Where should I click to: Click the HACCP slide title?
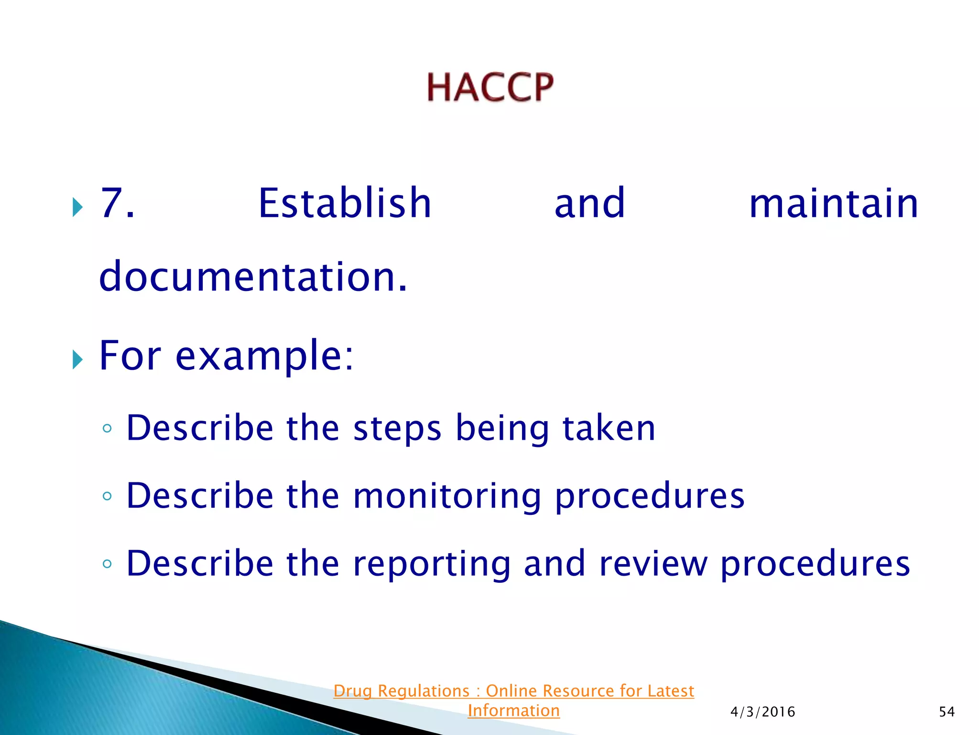pyautogui.click(x=490, y=87)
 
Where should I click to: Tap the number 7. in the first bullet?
pyautogui.click(x=117, y=203)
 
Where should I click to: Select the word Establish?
pyautogui.click(x=345, y=203)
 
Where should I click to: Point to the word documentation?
pyautogui.click(x=253, y=277)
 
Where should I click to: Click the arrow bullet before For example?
pyautogui.click(x=77, y=359)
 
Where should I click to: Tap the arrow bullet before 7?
pyautogui.click(x=77, y=207)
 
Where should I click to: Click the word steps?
pyautogui.click(x=397, y=428)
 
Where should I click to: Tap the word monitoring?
pyautogui.click(x=447, y=496)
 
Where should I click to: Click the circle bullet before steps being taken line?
pyautogui.click(x=107, y=428)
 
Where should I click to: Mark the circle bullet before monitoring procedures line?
pyautogui.click(x=107, y=496)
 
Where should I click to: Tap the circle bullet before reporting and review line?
pyautogui.click(x=107, y=564)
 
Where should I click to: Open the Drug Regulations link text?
pyautogui.click(x=513, y=691)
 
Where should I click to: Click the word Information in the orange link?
pyautogui.click(x=513, y=711)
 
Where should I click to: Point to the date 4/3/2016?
pyautogui.click(x=762, y=712)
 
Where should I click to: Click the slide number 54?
pyautogui.click(x=946, y=712)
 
